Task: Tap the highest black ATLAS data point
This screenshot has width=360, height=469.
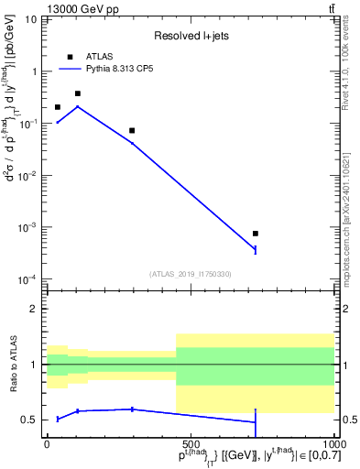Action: click(78, 93)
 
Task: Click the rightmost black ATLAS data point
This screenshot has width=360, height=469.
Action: click(256, 234)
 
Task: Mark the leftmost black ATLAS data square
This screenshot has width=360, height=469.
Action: click(58, 107)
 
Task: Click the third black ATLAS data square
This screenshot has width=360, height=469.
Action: click(132, 130)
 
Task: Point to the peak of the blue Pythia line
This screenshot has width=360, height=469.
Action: click(78, 106)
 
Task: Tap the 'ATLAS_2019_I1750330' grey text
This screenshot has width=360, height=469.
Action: click(190, 274)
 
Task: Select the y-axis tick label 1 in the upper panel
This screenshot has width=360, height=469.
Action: click(35, 71)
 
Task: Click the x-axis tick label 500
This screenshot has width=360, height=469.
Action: click(190, 442)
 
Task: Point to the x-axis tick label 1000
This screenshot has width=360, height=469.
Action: click(332, 442)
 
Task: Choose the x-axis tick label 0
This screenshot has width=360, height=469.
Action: click(47, 442)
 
